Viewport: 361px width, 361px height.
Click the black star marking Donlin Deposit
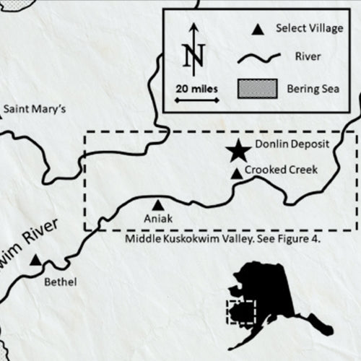[237, 152]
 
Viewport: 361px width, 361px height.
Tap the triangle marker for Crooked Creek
[236, 173]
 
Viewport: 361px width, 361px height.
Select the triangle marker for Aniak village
[158, 205]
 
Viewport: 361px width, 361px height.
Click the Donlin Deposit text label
[288, 144]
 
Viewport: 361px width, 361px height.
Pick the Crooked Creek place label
[280, 170]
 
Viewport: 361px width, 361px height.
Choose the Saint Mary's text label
[35, 110]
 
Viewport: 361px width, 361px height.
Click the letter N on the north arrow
[193, 55]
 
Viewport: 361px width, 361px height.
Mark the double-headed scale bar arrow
[195, 101]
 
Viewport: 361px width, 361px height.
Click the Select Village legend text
[306, 28]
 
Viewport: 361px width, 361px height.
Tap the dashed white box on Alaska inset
[241, 312]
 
